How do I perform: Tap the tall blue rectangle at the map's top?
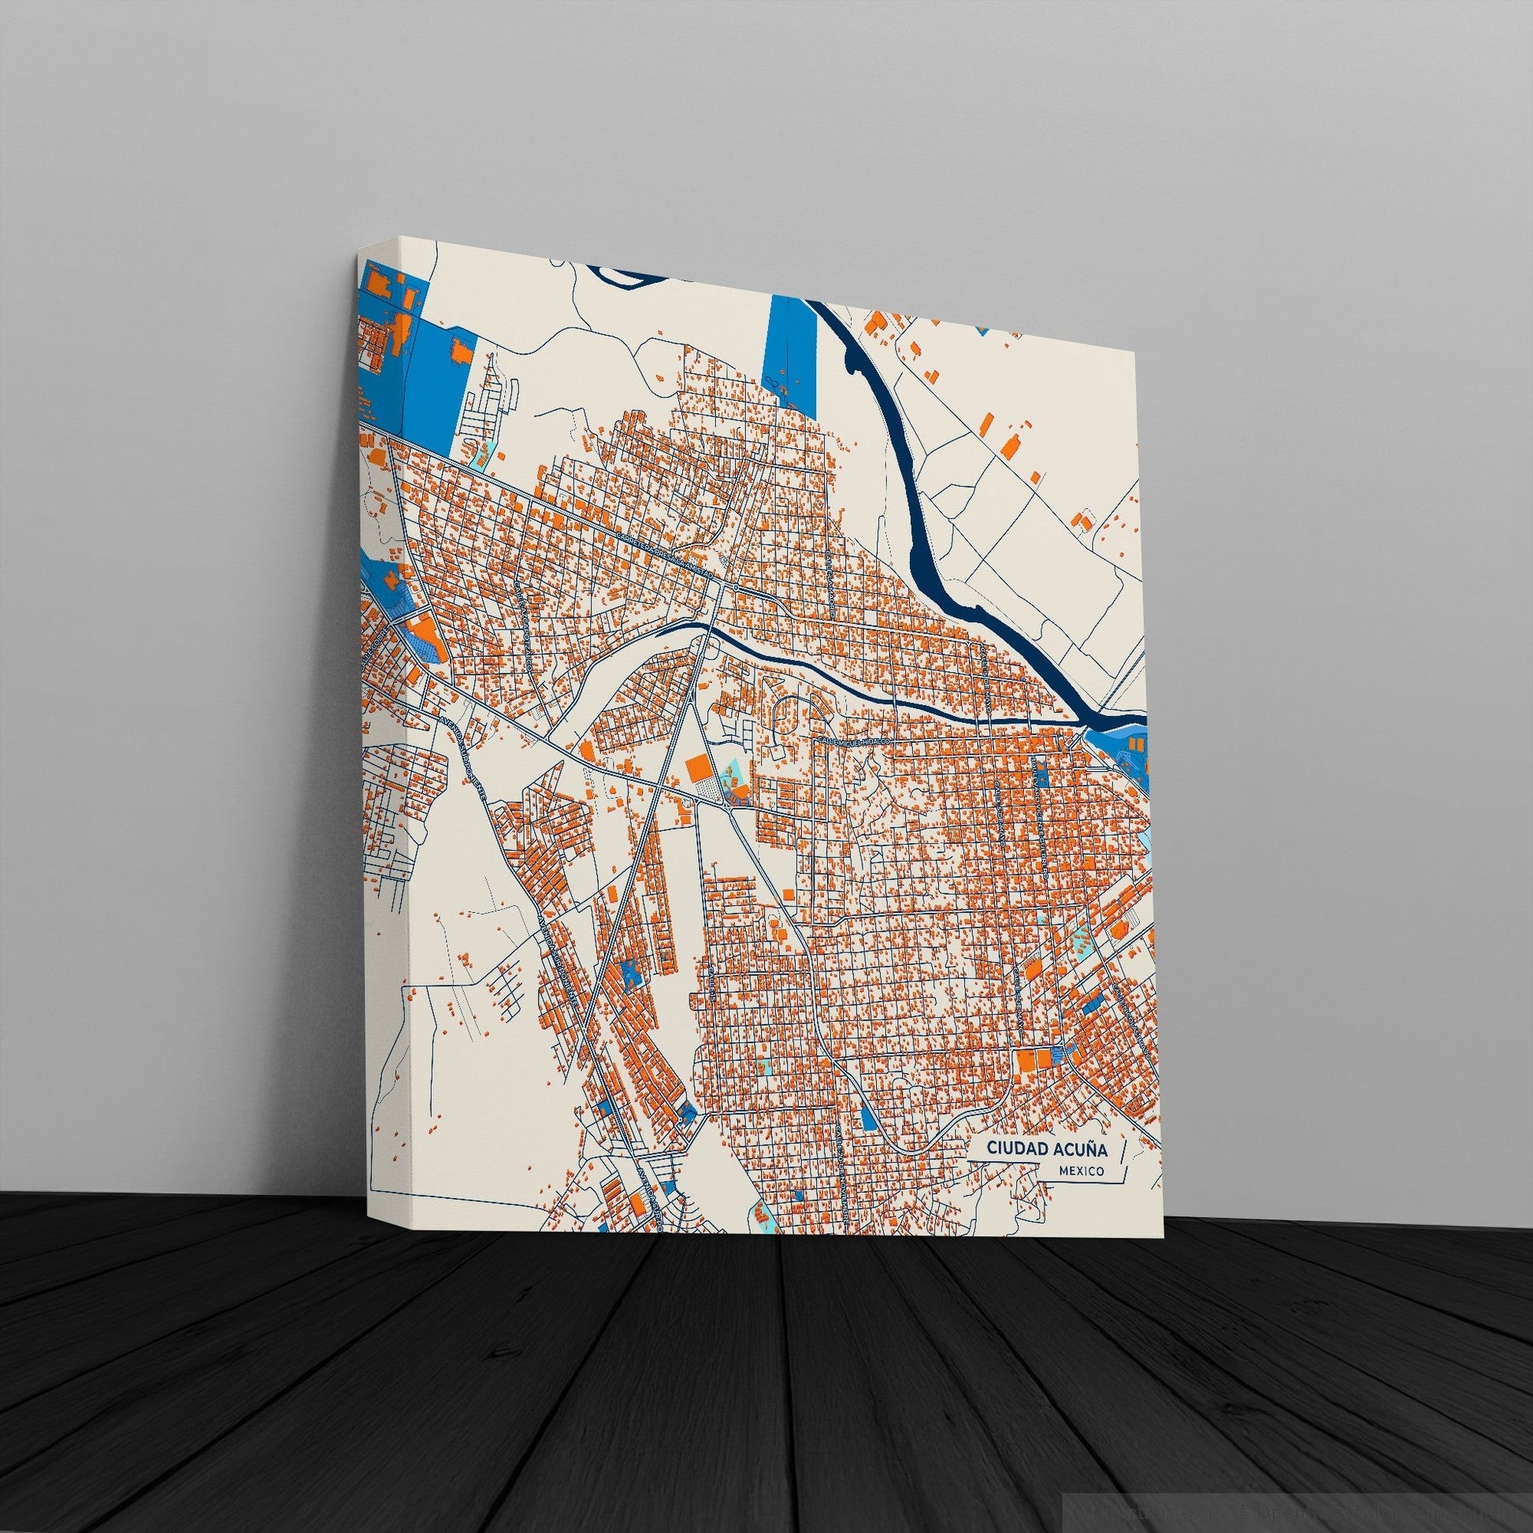[x=791, y=350]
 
